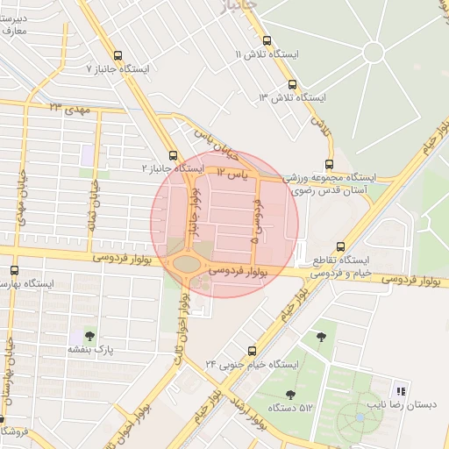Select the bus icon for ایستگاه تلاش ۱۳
coord(292,84)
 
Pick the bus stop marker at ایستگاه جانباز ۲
coord(173,154)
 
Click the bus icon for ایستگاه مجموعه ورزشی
coord(330,163)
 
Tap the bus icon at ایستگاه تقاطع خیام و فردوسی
coord(340,246)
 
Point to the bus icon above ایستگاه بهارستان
coord(14,270)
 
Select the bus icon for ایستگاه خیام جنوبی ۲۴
coord(253,349)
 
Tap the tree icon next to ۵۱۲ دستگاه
coord(290,394)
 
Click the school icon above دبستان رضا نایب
coord(401,391)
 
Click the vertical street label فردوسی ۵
coord(255,219)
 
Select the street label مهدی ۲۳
coord(69,109)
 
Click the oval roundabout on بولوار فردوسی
coord(187,263)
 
